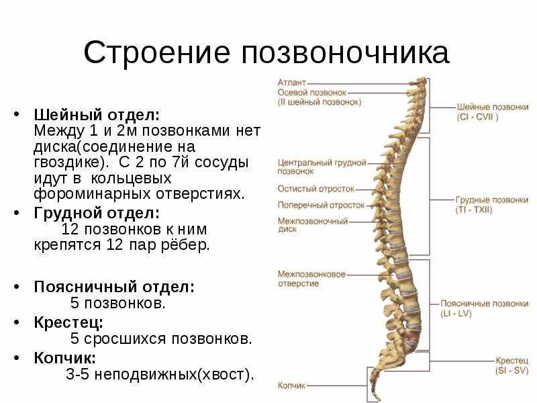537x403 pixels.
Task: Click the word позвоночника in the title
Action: (x=345, y=53)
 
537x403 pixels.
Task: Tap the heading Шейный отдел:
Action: (x=97, y=115)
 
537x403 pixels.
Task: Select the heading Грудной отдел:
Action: (x=97, y=213)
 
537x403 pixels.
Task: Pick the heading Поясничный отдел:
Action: (x=114, y=287)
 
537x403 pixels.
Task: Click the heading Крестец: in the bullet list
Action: (x=68, y=322)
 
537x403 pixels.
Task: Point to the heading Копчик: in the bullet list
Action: (x=64, y=358)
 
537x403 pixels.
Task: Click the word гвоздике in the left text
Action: (x=68, y=163)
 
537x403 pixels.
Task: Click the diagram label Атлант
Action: (x=291, y=83)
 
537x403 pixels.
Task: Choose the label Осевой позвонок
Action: (x=312, y=93)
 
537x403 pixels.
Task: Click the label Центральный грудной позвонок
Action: (x=322, y=167)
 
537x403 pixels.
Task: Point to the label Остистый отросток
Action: (x=316, y=189)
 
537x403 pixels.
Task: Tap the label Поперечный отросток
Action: (x=321, y=206)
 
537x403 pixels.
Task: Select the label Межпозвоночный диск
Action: (x=313, y=225)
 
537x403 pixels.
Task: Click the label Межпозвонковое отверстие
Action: (x=311, y=279)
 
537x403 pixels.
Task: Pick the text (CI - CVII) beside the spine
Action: (x=477, y=117)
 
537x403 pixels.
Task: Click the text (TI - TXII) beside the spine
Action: (x=474, y=210)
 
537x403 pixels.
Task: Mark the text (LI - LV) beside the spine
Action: (x=456, y=314)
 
